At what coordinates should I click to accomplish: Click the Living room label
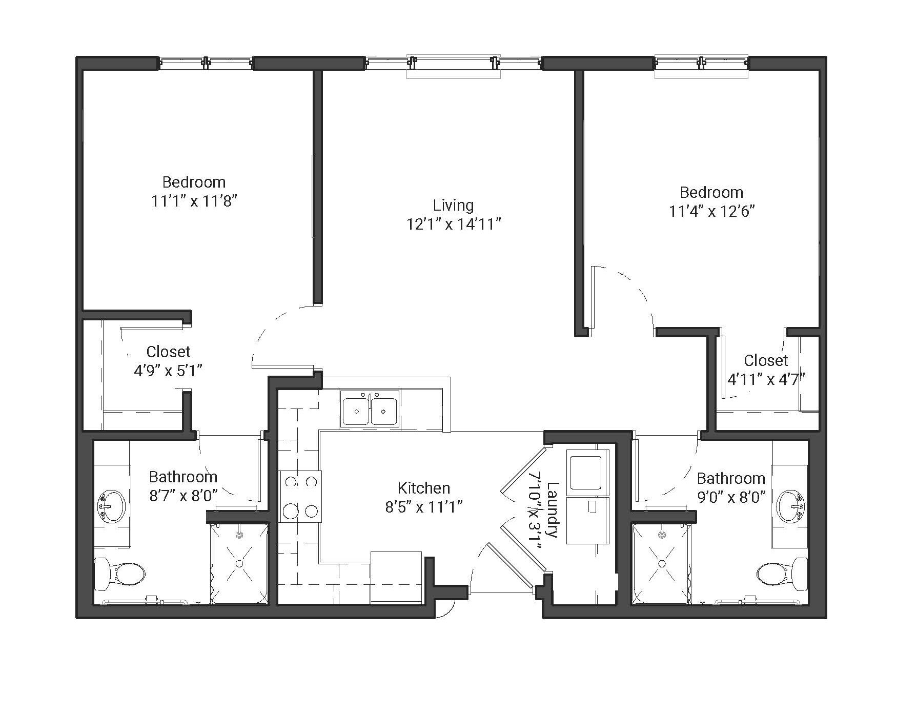tap(453, 206)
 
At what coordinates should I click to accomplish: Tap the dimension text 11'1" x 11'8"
tap(194, 201)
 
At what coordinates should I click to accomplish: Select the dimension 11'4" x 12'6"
tap(712, 211)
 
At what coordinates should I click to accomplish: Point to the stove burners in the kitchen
tap(300, 496)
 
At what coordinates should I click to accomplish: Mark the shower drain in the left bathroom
tap(239, 563)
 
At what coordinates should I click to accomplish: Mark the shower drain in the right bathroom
tap(662, 563)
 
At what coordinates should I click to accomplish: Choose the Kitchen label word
tap(424, 488)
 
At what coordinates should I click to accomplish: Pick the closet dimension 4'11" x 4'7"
tap(766, 379)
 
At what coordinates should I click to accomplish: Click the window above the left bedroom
tap(205, 63)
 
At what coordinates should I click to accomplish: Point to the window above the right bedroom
tap(702, 63)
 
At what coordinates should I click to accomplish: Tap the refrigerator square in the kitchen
tap(396, 576)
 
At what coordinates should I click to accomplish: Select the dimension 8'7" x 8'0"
tap(184, 496)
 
